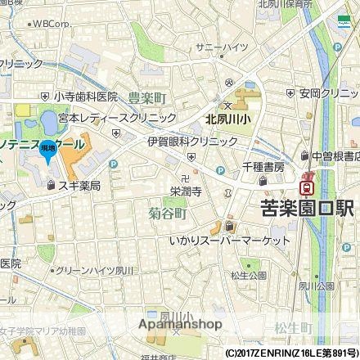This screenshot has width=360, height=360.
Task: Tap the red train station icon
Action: pyautogui.click(x=308, y=182)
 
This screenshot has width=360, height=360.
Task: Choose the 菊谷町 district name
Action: pyautogui.click(x=168, y=214)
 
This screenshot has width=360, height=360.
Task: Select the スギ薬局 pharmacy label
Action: pyautogui.click(x=79, y=186)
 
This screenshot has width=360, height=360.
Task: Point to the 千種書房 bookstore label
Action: pyautogui.click(x=263, y=167)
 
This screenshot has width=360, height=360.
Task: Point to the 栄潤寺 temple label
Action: pyautogui.click(x=187, y=190)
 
